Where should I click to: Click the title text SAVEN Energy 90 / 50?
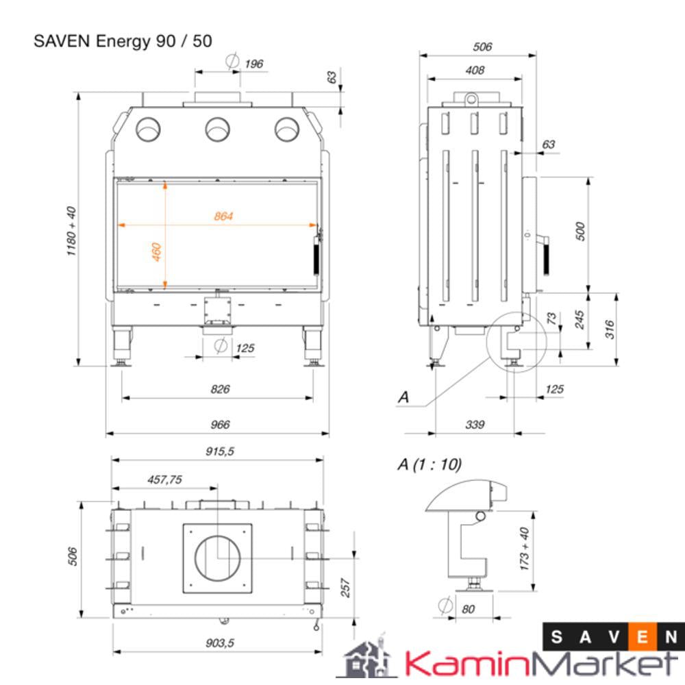click(123, 41)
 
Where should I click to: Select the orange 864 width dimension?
click(223, 216)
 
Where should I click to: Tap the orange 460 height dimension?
click(156, 252)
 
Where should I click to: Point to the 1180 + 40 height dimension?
click(71, 231)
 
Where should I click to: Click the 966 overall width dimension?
click(220, 425)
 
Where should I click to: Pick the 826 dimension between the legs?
click(220, 389)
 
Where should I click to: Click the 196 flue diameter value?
click(253, 64)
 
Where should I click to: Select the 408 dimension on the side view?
click(474, 70)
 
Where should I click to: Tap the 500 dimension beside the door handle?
click(580, 231)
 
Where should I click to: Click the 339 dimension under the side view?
click(474, 425)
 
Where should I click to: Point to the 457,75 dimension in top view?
click(164, 480)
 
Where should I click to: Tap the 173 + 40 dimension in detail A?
click(525, 548)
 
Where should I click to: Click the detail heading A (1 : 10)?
click(429, 464)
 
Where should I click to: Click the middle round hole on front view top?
click(217, 128)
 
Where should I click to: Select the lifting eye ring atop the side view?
click(471, 99)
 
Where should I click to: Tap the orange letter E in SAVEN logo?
click(643, 637)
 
